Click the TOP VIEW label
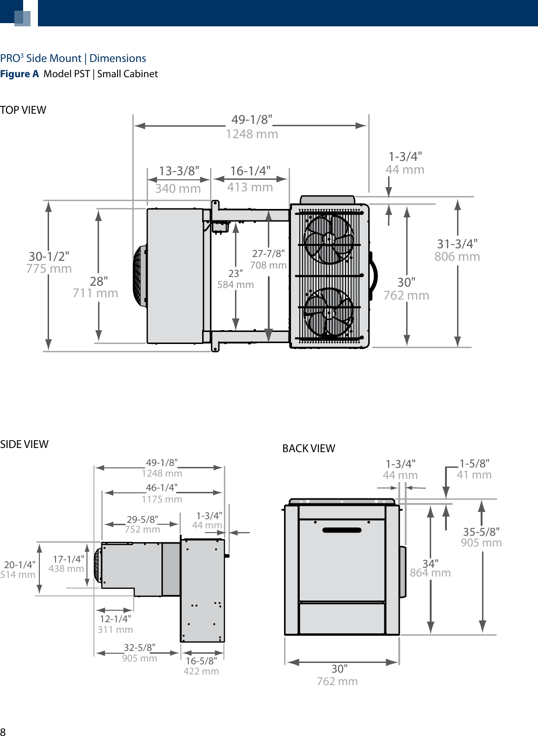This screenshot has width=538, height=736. pyautogui.click(x=23, y=110)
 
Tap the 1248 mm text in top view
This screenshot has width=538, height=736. pyautogui.click(x=252, y=134)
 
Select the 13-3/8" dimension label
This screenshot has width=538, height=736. pyautogui.click(x=179, y=171)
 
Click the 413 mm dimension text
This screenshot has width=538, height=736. pyautogui.click(x=250, y=187)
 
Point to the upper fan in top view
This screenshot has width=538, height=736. pyautogui.click(x=329, y=239)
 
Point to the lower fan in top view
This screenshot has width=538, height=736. pyautogui.click(x=329, y=312)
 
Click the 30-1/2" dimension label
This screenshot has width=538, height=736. pyautogui.click(x=49, y=257)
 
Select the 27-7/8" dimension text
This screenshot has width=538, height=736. pyautogui.click(x=268, y=253)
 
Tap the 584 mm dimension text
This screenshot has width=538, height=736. pyautogui.click(x=235, y=285)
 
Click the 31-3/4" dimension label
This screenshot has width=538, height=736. pyautogui.click(x=457, y=244)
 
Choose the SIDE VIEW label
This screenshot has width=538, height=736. pyautogui.click(x=24, y=444)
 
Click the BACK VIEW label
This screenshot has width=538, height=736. pyautogui.click(x=309, y=448)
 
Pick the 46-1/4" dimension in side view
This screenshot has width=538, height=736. pyautogui.click(x=161, y=488)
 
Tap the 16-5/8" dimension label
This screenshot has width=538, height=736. pyautogui.click(x=201, y=661)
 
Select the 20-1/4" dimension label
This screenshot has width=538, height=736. pyautogui.click(x=19, y=564)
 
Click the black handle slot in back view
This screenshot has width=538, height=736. pyautogui.click(x=342, y=530)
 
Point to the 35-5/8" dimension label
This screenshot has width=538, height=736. pyautogui.click(x=481, y=532)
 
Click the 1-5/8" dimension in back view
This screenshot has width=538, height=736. pyautogui.click(x=474, y=464)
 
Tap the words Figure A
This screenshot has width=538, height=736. pyautogui.click(x=19, y=74)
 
